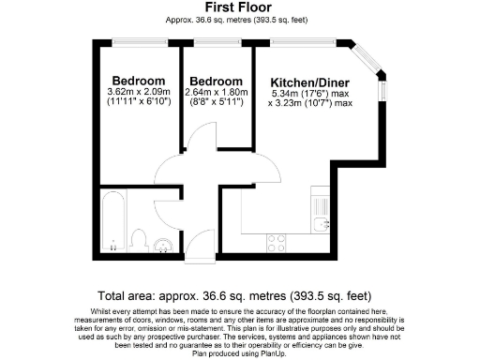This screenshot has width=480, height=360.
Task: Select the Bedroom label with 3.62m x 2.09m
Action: pyautogui.click(x=139, y=80)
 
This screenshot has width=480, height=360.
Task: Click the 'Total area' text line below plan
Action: pyautogui.click(x=240, y=292)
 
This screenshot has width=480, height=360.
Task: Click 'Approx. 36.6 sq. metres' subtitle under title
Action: pyautogui.click(x=240, y=20)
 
